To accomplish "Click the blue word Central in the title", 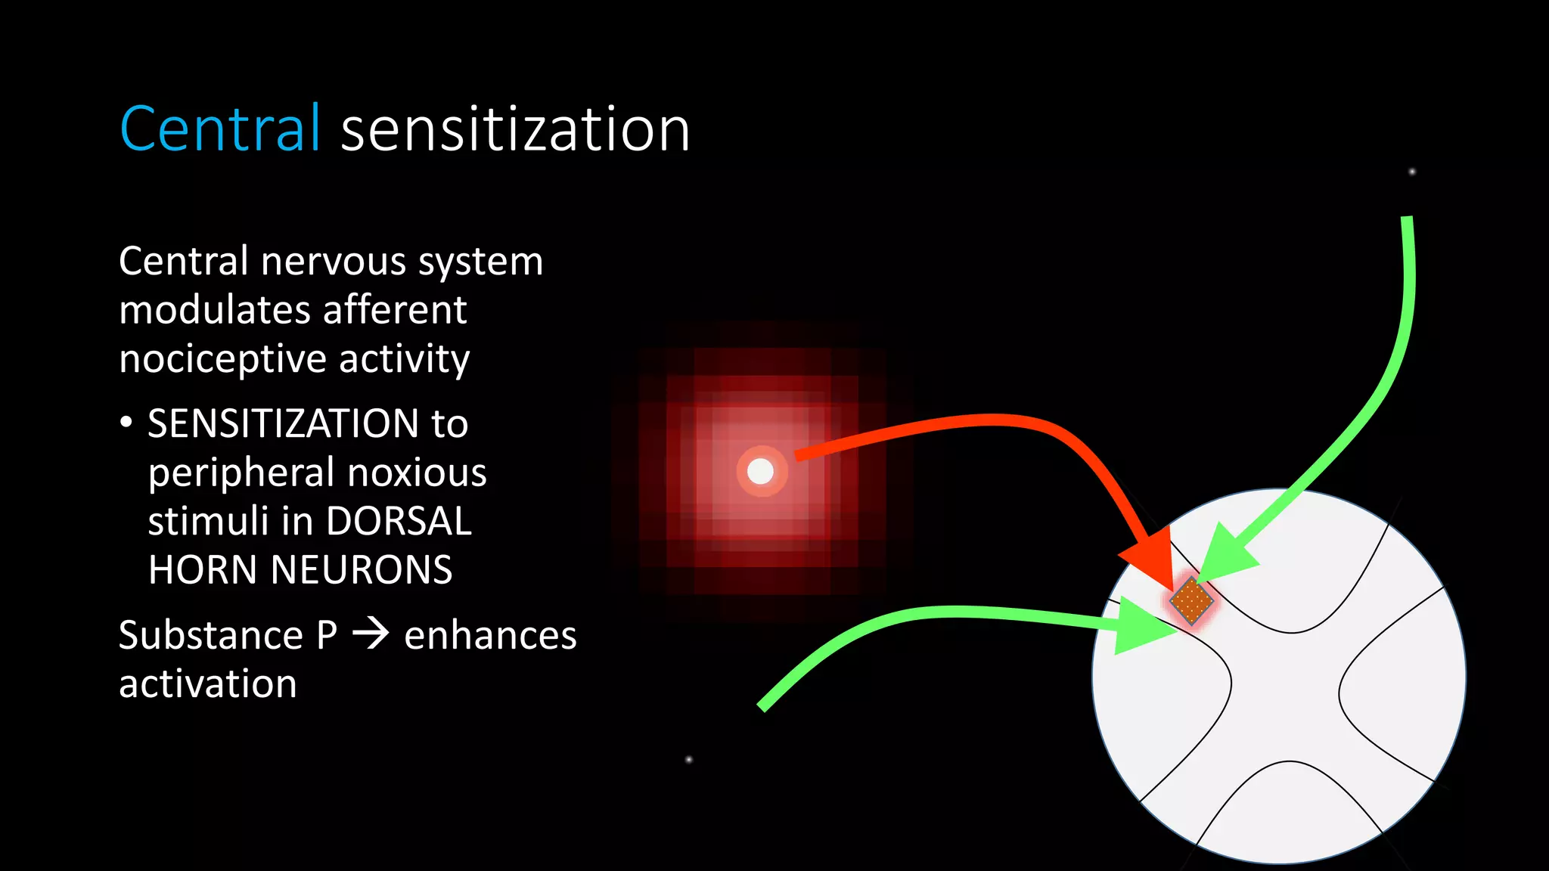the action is click(x=220, y=129).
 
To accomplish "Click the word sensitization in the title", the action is click(x=515, y=129).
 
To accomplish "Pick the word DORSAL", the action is click(x=399, y=521).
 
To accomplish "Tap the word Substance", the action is click(x=211, y=635).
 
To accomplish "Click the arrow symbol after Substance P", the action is click(x=371, y=634).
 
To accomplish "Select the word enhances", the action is click(x=490, y=635).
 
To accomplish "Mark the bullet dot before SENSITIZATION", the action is click(x=126, y=423).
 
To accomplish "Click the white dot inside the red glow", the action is click(x=760, y=472).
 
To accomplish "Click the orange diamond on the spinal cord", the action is click(x=1191, y=601).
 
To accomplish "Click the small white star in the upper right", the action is click(x=1412, y=172).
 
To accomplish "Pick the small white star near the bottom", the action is click(x=688, y=759).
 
